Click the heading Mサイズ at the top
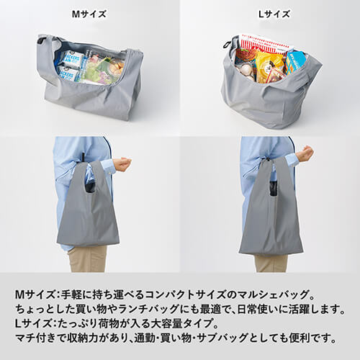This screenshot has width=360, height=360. tap(90, 14)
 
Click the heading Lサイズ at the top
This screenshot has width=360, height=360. tap(270, 14)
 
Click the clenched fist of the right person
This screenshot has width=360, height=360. tap(305, 153)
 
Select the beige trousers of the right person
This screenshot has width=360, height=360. tap(270, 262)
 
